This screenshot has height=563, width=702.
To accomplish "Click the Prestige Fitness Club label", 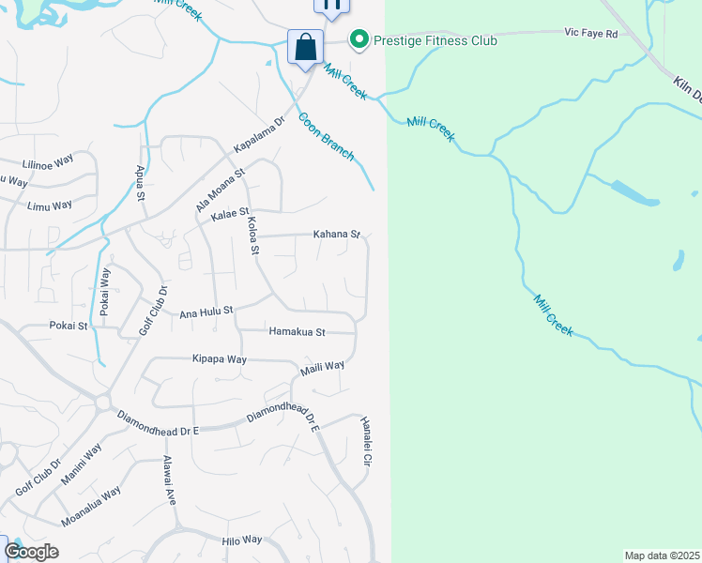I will pyautogui.click(x=436, y=40).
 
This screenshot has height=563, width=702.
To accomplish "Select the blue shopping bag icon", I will pyautogui.click(x=306, y=47).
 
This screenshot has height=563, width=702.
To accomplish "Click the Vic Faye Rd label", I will pyautogui.click(x=591, y=34).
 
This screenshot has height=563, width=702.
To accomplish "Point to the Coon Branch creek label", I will pyautogui.click(x=327, y=137).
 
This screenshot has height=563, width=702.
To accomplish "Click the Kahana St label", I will pyautogui.click(x=337, y=234).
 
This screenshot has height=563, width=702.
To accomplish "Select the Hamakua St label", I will pyautogui.click(x=297, y=332).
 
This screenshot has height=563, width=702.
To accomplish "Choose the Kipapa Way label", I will pyautogui.click(x=219, y=359).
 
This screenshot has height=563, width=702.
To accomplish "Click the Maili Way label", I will pyautogui.click(x=323, y=368).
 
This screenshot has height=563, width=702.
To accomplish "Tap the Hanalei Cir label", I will pyautogui.click(x=367, y=443).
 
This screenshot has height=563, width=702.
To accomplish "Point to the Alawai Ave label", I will pyautogui.click(x=170, y=480).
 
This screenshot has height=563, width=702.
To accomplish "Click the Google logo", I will pyautogui.click(x=31, y=552).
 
